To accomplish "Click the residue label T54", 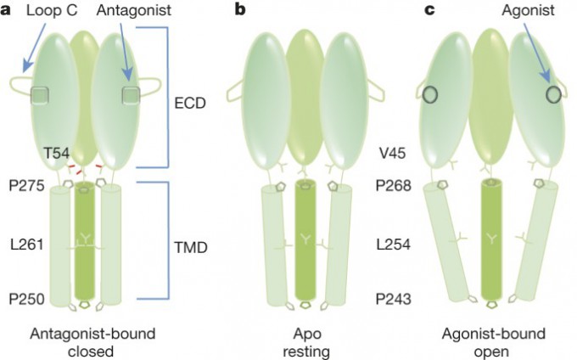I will coord(59,153).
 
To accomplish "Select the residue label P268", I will coord(395,188).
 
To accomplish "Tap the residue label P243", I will coord(395,299).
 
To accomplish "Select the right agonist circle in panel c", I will coord(552,93).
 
